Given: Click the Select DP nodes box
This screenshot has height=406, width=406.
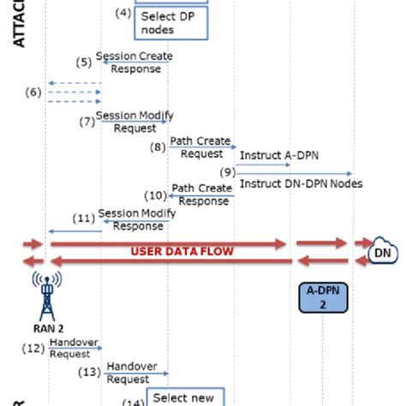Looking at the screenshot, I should click(x=170, y=23).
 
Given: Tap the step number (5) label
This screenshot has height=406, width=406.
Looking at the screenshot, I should click(x=83, y=63).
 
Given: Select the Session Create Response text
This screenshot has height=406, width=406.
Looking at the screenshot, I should click(x=133, y=63).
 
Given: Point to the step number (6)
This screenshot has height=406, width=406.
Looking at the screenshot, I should click(x=33, y=93).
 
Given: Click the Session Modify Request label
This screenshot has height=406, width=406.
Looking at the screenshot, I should click(x=129, y=122).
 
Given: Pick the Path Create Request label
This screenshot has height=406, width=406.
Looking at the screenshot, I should click(x=200, y=147).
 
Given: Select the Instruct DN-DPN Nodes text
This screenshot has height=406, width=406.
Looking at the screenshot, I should click(x=300, y=183).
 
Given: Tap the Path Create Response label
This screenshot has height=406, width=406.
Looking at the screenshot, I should click(x=201, y=194).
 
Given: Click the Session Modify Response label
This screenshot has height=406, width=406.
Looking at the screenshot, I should click(x=130, y=219).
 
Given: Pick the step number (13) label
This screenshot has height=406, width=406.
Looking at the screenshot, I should click(x=89, y=372).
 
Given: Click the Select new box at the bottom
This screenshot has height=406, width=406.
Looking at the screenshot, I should click(x=184, y=397).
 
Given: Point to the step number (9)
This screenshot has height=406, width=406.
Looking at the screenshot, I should click(x=228, y=172).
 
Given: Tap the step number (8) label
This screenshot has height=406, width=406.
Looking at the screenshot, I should click(x=158, y=147).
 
